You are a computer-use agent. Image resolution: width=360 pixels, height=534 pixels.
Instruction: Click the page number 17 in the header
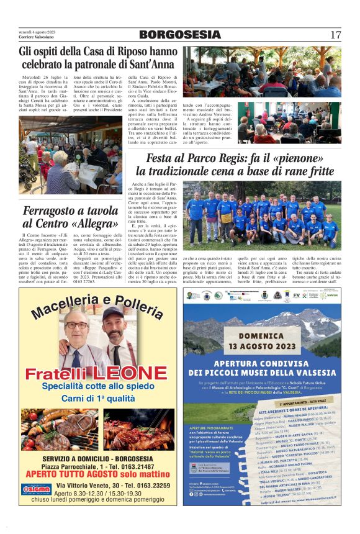point(335,35)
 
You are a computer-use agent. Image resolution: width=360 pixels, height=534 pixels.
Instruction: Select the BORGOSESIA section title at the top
point(179,35)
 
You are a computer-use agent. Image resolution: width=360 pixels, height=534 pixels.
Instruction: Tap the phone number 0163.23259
point(140,484)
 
